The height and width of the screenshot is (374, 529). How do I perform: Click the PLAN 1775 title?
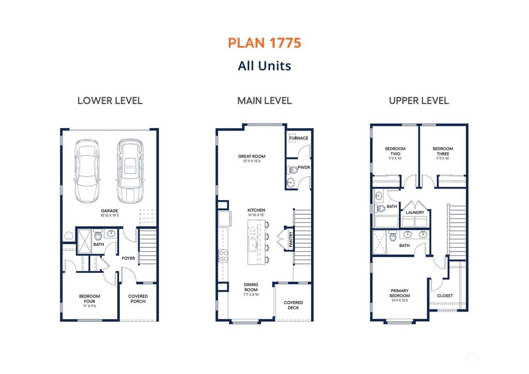(264, 43)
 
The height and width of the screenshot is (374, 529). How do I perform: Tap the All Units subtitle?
(264, 66)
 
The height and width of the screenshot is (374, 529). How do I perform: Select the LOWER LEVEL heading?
(110, 101)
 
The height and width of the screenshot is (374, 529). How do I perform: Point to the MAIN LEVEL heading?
(264, 101)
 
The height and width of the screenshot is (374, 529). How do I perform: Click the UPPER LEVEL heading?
(418, 101)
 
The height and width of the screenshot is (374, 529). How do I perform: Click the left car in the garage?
(86, 172)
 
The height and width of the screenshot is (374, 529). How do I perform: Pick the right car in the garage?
(129, 172)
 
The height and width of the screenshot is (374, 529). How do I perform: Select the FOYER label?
(128, 258)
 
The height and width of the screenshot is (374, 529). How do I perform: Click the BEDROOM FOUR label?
(89, 299)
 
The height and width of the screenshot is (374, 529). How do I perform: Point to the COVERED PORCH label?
(138, 299)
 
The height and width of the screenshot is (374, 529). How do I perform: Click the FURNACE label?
(299, 138)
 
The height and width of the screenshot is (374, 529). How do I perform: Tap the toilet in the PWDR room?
(294, 168)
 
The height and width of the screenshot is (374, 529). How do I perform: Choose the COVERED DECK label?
(293, 305)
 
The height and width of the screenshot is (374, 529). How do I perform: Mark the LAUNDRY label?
(415, 212)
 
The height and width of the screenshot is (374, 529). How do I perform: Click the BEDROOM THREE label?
(443, 151)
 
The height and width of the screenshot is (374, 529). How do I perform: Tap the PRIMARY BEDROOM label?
(400, 296)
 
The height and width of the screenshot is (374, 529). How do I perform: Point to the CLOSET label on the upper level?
(445, 296)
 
